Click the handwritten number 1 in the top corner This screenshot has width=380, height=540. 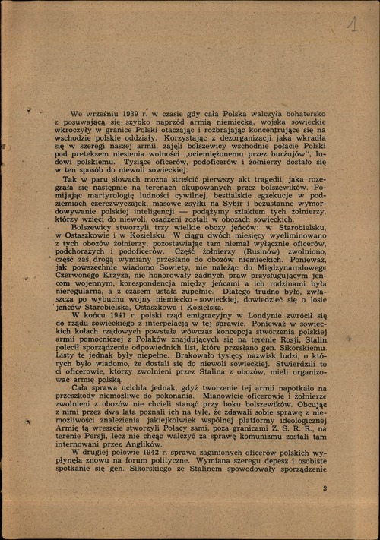[x=352, y=25]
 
